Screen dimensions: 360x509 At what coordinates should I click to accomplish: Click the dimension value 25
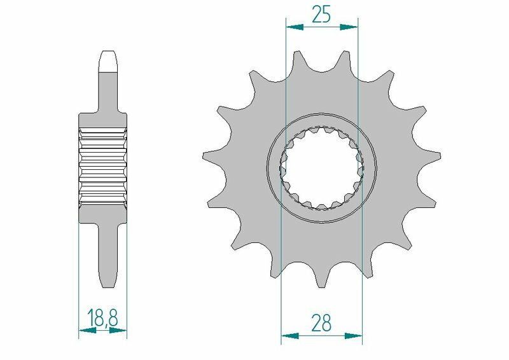tap(321, 14)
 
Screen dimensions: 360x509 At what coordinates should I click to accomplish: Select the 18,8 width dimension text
tap(102, 317)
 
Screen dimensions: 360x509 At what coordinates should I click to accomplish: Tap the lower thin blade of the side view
tap(108, 254)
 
